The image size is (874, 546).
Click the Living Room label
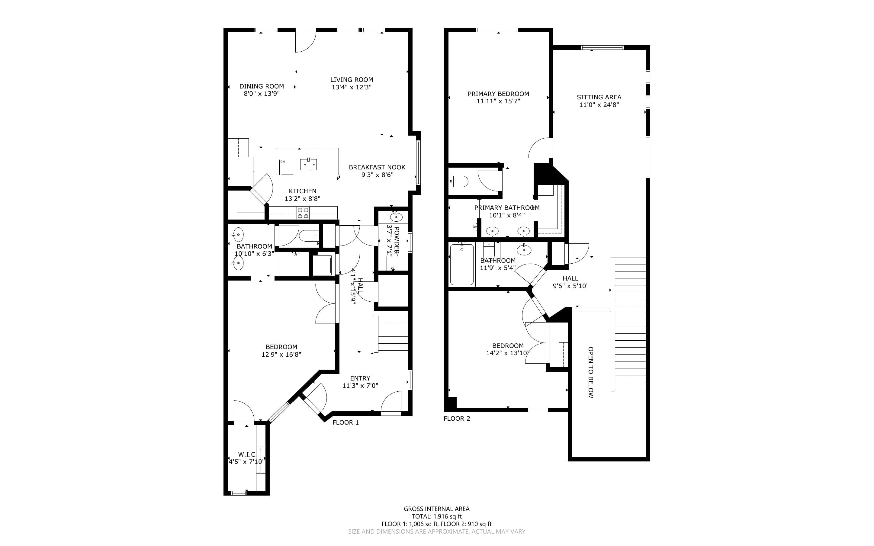(352, 80)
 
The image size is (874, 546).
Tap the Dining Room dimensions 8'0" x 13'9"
(262, 94)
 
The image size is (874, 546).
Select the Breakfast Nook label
(377, 167)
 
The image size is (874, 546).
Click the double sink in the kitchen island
(309, 165)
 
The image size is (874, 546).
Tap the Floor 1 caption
(345, 422)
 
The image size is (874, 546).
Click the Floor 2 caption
(457, 419)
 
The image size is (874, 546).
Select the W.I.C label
(246, 454)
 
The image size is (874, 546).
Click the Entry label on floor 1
(360, 378)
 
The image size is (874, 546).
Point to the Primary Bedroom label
(498, 94)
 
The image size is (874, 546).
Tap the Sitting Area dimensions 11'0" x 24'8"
(599, 105)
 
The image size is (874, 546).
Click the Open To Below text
(591, 372)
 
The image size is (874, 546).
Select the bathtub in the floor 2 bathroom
(462, 264)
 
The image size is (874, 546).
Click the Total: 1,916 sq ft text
(437, 516)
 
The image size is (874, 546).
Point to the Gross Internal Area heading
(437, 509)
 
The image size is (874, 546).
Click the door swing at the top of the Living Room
(305, 42)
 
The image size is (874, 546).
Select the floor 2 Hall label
(570, 278)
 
